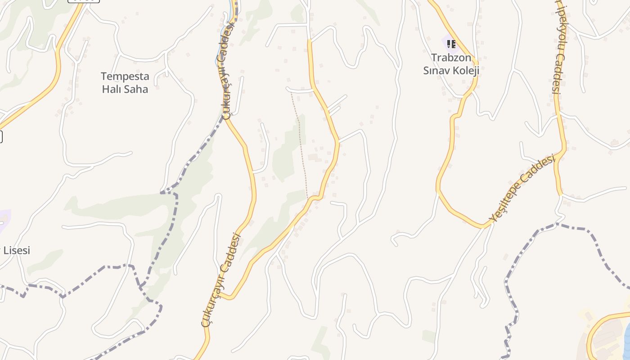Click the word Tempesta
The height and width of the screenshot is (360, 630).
[x=125, y=76]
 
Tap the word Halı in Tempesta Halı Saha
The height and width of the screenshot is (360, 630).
[x=112, y=89]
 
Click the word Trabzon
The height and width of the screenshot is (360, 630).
[x=451, y=58]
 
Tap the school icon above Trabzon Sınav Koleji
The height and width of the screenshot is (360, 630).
[x=451, y=44]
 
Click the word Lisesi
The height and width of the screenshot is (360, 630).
[x=17, y=250]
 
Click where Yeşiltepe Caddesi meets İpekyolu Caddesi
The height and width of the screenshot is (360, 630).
[x=563, y=151]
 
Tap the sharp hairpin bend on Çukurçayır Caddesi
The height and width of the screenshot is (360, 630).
[x=225, y=297]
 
